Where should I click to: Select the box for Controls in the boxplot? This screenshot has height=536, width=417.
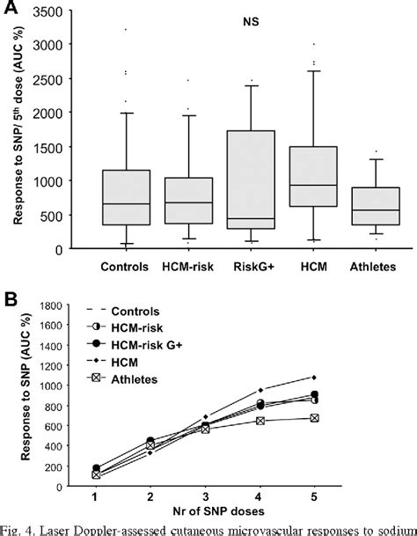coord(126,197)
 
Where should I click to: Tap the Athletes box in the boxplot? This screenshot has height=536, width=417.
coord(377,206)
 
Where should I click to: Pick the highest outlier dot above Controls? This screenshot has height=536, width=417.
coord(127,29)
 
